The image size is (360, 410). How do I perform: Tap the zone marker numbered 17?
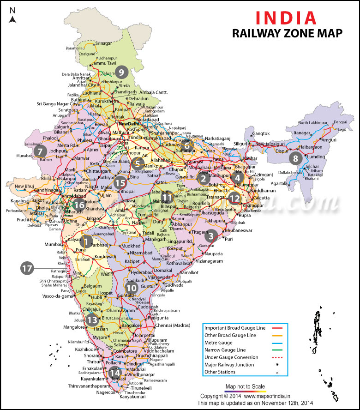click(27, 268)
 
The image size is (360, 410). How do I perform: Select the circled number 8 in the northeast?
click(295, 158)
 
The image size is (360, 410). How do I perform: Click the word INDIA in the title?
click(286, 17)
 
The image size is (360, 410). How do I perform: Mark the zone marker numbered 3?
click(211, 237)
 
